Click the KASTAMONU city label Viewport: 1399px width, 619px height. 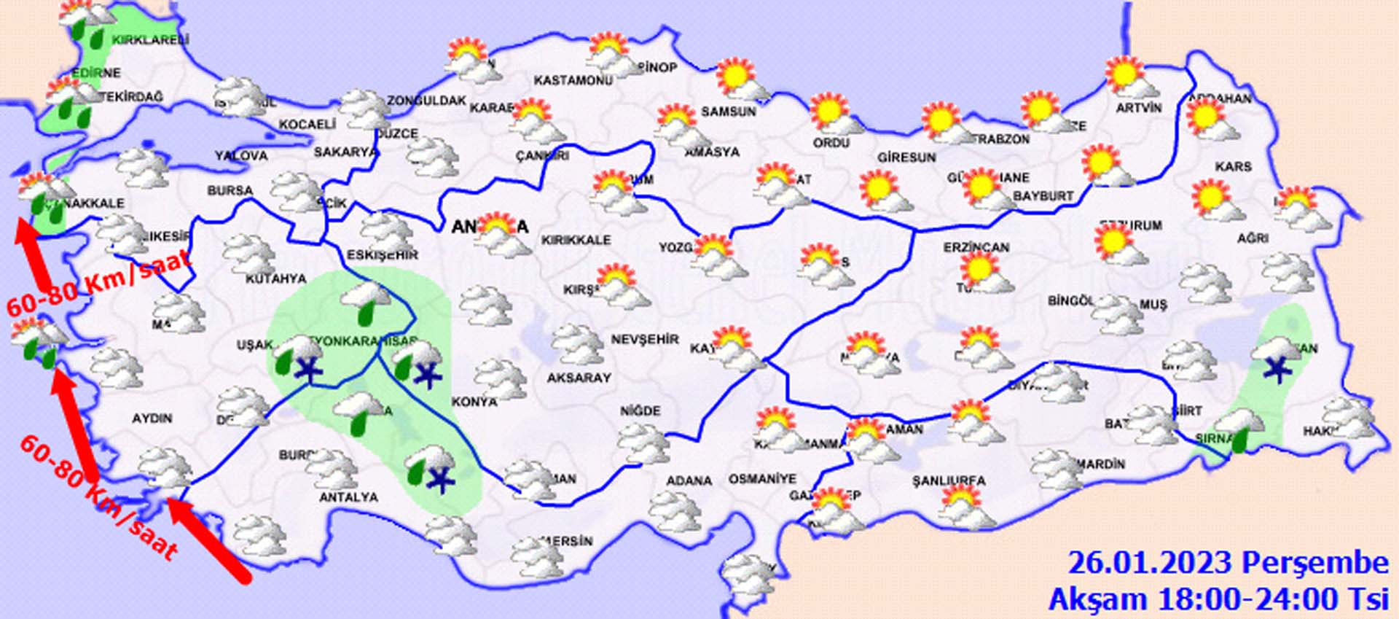[x=573, y=80]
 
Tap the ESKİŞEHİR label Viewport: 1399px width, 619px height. [x=383, y=255]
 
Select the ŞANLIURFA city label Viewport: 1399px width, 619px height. [x=949, y=481]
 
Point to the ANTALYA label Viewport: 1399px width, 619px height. [x=348, y=497]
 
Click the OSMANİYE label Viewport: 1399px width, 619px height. [x=762, y=479]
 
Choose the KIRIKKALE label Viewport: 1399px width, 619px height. [x=576, y=240]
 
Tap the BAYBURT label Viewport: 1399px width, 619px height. [x=1043, y=196]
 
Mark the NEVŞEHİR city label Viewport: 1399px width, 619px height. [x=644, y=340]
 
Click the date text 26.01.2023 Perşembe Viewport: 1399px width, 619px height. [x=1228, y=564]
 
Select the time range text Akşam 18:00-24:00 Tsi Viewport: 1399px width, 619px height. [x=1218, y=599]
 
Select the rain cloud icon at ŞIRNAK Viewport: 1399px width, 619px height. [x=1239, y=429]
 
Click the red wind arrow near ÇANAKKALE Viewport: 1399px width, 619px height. [x=33, y=254]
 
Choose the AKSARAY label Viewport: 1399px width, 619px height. [x=579, y=378]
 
